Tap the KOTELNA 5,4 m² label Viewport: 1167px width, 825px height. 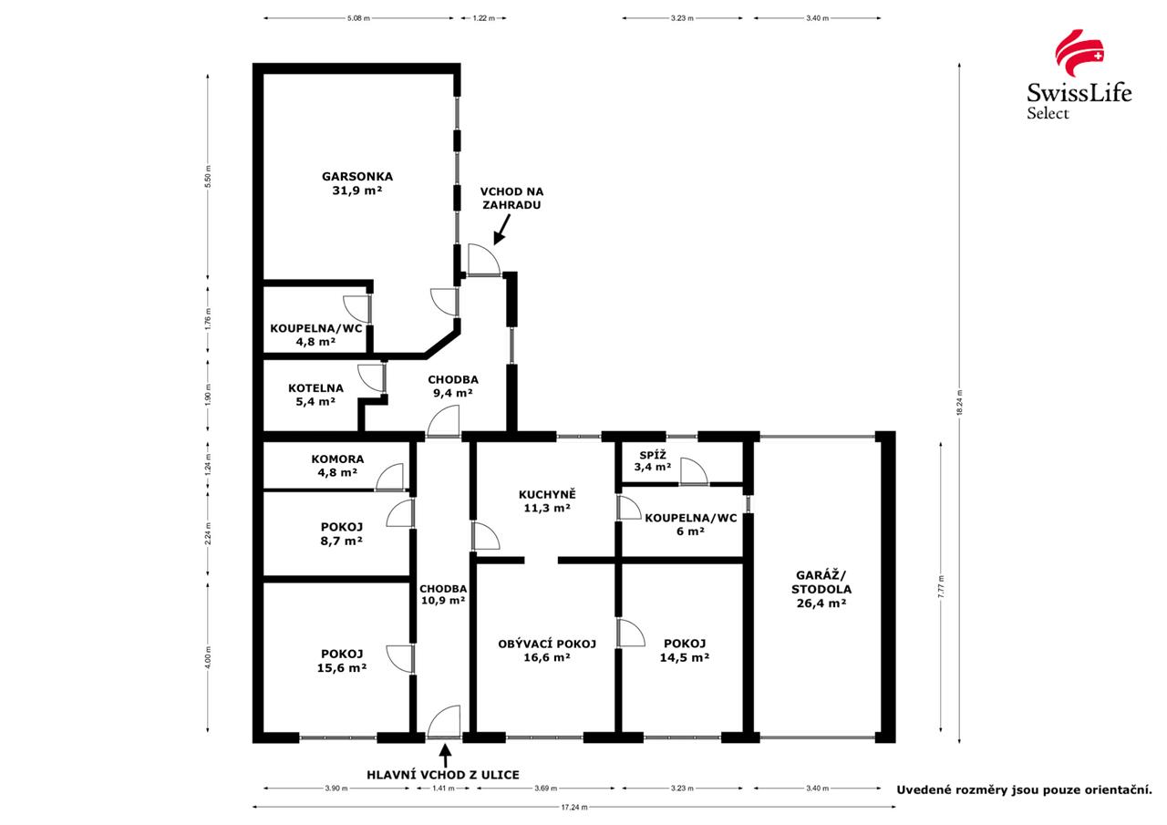pos(315,395)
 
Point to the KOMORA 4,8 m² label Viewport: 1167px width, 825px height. pos(337,466)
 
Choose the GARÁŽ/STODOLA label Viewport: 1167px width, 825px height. pos(821,589)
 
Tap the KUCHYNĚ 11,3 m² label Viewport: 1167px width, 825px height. pos(547,500)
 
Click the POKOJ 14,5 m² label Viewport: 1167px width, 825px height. pos(685,651)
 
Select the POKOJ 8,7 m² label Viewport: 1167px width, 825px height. pos(342,534)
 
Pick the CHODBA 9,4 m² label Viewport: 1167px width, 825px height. pos(453,386)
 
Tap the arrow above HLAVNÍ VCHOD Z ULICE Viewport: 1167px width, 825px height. pos(445,755)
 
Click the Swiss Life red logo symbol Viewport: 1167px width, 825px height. pos(1079,53)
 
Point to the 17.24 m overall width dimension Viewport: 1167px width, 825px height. pos(574,808)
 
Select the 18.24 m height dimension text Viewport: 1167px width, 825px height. pos(960,402)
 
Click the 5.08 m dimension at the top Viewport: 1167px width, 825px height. pos(358,18)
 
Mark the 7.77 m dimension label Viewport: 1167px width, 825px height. pos(941,586)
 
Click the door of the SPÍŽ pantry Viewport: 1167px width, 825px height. pos(694,472)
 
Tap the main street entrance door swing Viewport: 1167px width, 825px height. pos(444,722)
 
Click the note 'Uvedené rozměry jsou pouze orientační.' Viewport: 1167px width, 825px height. pos(1024,790)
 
